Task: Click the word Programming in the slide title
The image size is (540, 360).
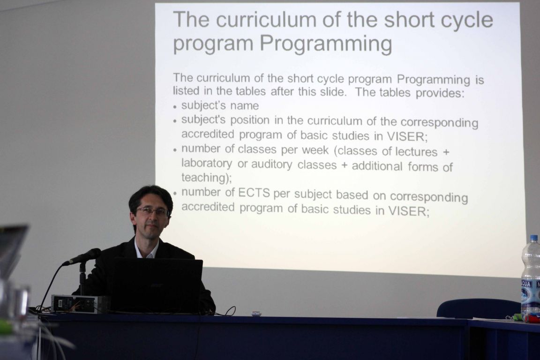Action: tap(325, 44)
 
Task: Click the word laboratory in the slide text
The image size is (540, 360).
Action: tap(207, 163)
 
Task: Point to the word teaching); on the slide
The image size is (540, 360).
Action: tap(207, 178)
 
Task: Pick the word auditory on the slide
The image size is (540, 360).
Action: tap(271, 165)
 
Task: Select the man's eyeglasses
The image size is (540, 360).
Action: tap(153, 211)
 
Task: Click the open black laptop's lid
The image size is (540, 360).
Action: tap(157, 285)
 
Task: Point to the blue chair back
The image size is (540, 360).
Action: tap(479, 308)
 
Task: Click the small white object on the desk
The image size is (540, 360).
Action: tap(256, 314)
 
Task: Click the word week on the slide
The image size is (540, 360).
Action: tap(315, 150)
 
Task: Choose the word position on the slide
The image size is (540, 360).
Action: tap(250, 120)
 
